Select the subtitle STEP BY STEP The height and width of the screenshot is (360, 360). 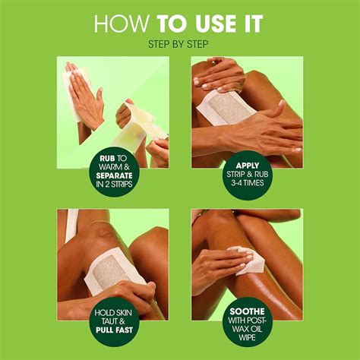[180, 44]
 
